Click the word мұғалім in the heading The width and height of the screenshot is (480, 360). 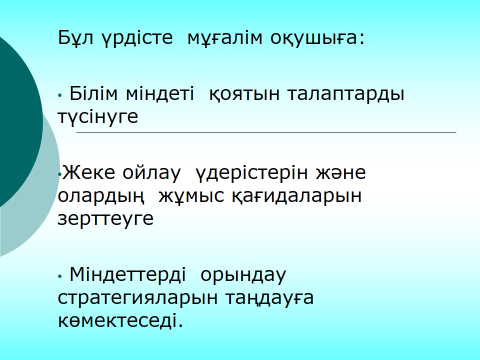click(x=224, y=38)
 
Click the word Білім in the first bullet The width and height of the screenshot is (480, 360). click(x=93, y=93)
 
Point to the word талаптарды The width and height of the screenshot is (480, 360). click(x=346, y=95)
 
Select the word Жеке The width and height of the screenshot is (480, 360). click(x=89, y=172)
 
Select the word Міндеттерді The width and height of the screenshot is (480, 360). click(x=128, y=275)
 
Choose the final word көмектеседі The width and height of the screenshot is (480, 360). click(x=120, y=320)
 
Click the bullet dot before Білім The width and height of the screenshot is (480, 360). click(x=60, y=95)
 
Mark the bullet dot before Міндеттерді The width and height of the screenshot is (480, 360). click(x=60, y=276)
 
